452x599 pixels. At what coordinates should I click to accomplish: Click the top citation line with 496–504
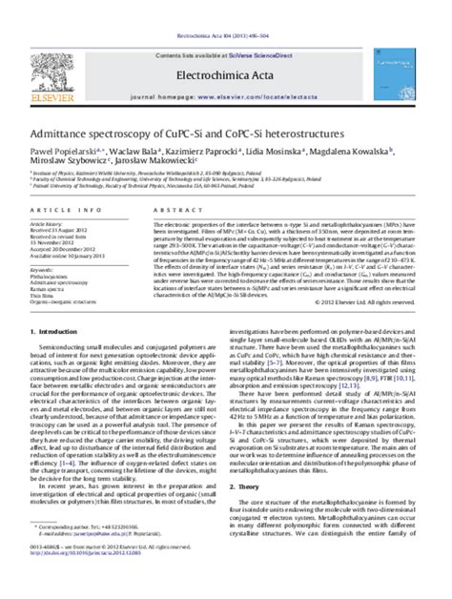[226, 6]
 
